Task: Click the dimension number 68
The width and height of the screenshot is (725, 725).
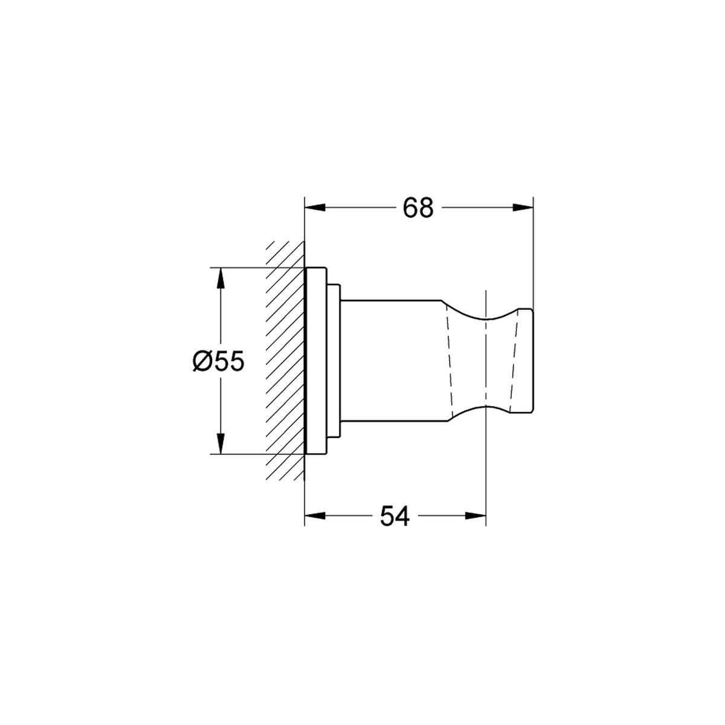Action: coord(418,207)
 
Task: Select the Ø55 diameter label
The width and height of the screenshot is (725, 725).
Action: coord(218,361)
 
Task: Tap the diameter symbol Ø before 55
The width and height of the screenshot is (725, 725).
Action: coord(202,361)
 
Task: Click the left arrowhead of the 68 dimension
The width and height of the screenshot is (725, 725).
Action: coord(315,207)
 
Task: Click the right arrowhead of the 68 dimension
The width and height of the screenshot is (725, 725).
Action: coord(523,207)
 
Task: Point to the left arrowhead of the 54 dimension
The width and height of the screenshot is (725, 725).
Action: coord(315,516)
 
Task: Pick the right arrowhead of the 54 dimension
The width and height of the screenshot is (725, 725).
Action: coord(476,516)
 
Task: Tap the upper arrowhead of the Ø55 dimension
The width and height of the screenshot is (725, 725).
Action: coord(221,278)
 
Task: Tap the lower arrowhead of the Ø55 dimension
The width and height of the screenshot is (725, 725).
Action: coord(221,444)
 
